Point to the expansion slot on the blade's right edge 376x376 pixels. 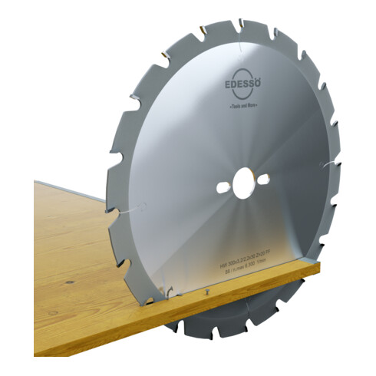(330, 166)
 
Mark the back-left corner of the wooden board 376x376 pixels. (36, 182)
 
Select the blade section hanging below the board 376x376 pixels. (238, 315)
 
